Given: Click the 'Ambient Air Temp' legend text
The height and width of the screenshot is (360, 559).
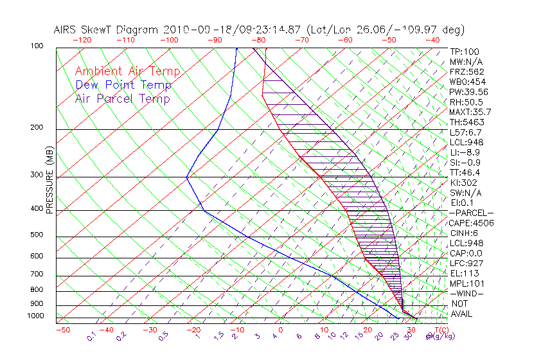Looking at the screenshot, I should (x=127, y=71).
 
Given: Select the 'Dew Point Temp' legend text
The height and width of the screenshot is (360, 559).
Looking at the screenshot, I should (x=123, y=85).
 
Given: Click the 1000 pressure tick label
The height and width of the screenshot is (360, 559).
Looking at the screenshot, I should (x=37, y=316).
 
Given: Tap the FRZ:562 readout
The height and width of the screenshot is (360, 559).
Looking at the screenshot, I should (x=466, y=71).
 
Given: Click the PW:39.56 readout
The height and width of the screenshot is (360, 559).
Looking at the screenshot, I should (x=468, y=92).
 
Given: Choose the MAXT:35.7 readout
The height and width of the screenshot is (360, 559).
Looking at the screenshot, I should (x=470, y=112).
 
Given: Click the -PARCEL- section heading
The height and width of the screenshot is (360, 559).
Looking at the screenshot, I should (x=471, y=213).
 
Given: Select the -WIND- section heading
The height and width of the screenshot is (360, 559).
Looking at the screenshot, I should (x=466, y=293).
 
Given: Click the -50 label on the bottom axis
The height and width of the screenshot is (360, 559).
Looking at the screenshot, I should (x=62, y=330).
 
